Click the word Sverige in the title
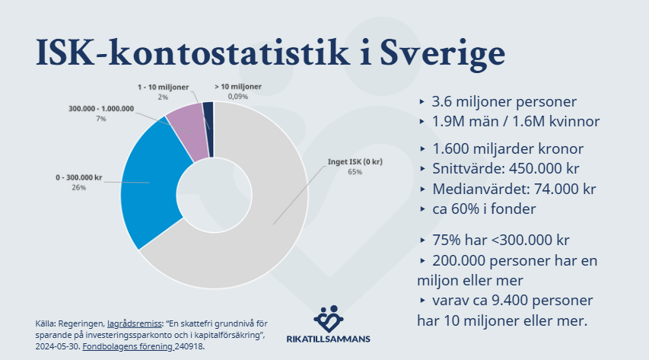(x=443, y=54)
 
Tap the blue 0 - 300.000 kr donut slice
(x=151, y=182)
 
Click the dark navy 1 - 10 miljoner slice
(x=208, y=129)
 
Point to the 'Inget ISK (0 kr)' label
(x=355, y=161)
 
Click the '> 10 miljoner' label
(x=238, y=87)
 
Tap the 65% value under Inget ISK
(x=355, y=172)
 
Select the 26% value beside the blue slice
(x=78, y=188)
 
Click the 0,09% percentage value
(x=238, y=97)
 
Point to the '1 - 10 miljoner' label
(x=163, y=87)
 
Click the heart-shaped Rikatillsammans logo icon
(x=329, y=319)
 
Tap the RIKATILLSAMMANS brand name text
(x=328, y=339)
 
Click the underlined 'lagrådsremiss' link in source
(x=134, y=323)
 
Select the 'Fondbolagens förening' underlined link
(x=128, y=346)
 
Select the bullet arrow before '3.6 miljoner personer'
(x=422, y=101)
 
